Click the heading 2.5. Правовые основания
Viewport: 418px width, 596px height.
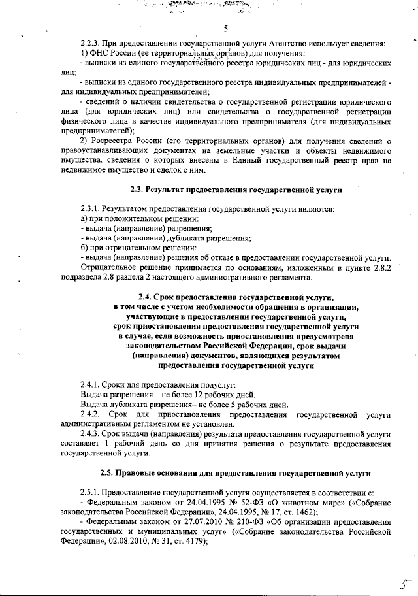click(x=235, y=472)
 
